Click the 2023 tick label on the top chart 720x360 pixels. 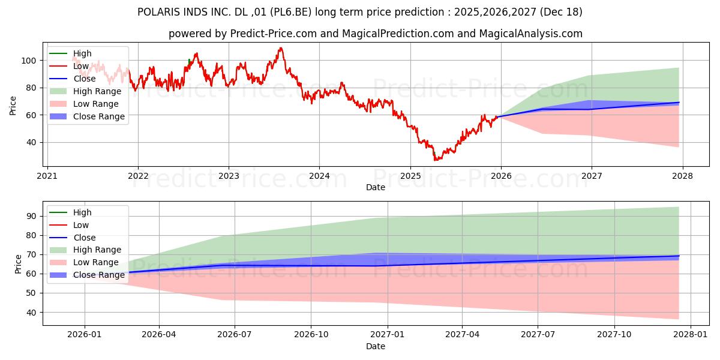tap(229, 176)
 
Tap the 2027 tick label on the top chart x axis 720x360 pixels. tap(592, 176)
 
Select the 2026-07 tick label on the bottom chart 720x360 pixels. tap(234, 335)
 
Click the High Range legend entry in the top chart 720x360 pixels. tap(97, 91)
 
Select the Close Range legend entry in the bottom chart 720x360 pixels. tap(98, 275)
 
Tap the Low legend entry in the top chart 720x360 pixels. tap(80, 66)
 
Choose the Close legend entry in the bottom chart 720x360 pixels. tap(84, 238)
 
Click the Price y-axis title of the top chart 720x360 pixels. tap(13, 105)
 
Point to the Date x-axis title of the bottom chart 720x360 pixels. tap(376, 346)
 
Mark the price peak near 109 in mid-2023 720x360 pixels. tap(280, 48)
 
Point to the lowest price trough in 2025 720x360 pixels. tap(436, 160)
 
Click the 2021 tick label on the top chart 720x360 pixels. tap(47, 176)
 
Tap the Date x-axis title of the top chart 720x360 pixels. tap(376, 187)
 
